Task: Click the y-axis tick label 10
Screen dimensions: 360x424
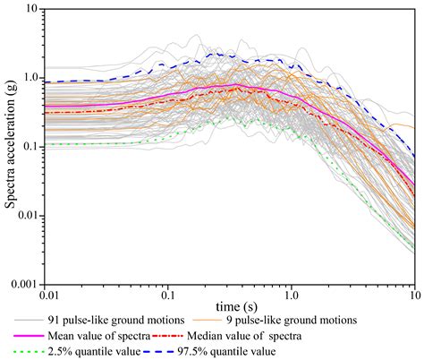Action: (x=33, y=9)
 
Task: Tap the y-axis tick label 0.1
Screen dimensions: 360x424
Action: (x=30, y=146)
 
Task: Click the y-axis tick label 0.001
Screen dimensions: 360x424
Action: (x=23, y=284)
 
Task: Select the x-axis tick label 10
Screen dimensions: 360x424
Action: (x=411, y=295)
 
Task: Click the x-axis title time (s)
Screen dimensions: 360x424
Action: (x=228, y=307)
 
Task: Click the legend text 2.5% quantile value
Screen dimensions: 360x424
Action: (x=106, y=352)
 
